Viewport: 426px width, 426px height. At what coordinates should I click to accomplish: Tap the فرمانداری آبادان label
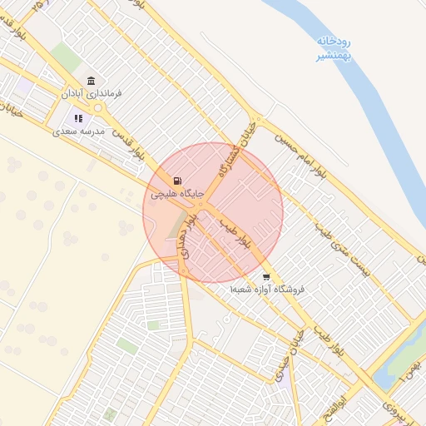coord(93,94)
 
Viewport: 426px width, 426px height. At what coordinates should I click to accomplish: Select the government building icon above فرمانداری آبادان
coord(91,81)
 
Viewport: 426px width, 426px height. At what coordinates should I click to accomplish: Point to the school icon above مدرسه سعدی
coord(80,119)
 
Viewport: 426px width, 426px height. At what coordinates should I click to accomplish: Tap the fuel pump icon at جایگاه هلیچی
coord(176,181)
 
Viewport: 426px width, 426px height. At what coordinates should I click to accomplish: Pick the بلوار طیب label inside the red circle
coord(235,235)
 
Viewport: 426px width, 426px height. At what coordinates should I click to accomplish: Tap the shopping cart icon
coord(265,277)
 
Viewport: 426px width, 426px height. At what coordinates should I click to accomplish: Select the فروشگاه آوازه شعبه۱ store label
coord(268,290)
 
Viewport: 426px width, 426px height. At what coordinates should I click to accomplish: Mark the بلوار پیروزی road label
coord(390,407)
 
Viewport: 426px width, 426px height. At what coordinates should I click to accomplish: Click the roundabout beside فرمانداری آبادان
coord(98,107)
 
